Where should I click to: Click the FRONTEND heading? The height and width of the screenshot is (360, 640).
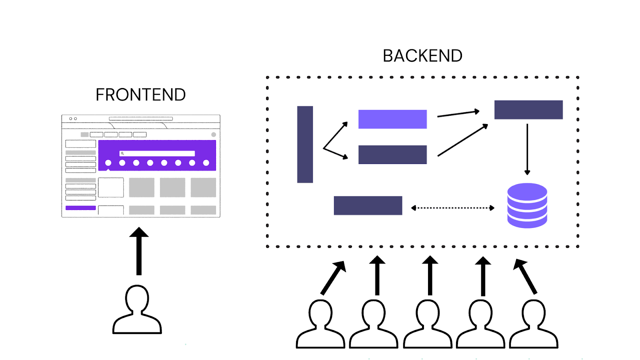coord(140,95)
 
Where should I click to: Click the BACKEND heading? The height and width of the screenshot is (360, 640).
coord(422,56)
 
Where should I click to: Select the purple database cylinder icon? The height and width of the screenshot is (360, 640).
coord(527,206)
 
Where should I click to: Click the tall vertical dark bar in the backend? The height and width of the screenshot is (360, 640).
coord(305,144)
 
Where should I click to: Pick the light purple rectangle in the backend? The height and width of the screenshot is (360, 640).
coord(392,119)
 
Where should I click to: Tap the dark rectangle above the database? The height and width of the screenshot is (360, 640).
coord(528,110)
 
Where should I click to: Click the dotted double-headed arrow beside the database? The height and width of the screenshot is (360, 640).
coord(453,208)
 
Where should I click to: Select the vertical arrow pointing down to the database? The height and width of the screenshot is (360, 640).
coord(527,149)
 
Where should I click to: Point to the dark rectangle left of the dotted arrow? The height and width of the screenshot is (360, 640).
coord(368,206)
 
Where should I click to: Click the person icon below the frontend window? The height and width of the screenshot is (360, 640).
coord(137,310)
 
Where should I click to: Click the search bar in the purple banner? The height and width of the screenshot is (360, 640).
coord(157,154)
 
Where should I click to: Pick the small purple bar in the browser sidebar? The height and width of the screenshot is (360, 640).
coord(80,208)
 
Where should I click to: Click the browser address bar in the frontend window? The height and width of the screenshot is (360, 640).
coord(141,119)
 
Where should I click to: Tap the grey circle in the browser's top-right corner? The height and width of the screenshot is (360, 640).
coord(214,135)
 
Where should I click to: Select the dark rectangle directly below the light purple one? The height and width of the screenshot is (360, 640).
coord(392,154)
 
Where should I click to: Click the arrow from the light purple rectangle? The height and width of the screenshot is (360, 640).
coord(458,114)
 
